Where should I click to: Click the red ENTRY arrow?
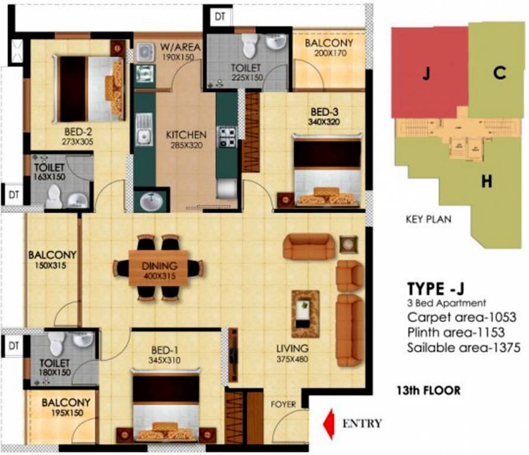point(327,424)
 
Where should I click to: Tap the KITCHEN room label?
point(185,134)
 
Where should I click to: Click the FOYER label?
point(283,405)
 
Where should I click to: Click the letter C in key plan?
point(499,73)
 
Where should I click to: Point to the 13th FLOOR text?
point(428,391)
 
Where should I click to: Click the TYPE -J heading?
point(435,289)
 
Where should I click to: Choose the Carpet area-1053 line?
point(458,318)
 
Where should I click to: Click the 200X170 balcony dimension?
point(329,53)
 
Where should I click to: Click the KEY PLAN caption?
point(428,219)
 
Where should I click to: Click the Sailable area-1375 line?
point(463,348)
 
